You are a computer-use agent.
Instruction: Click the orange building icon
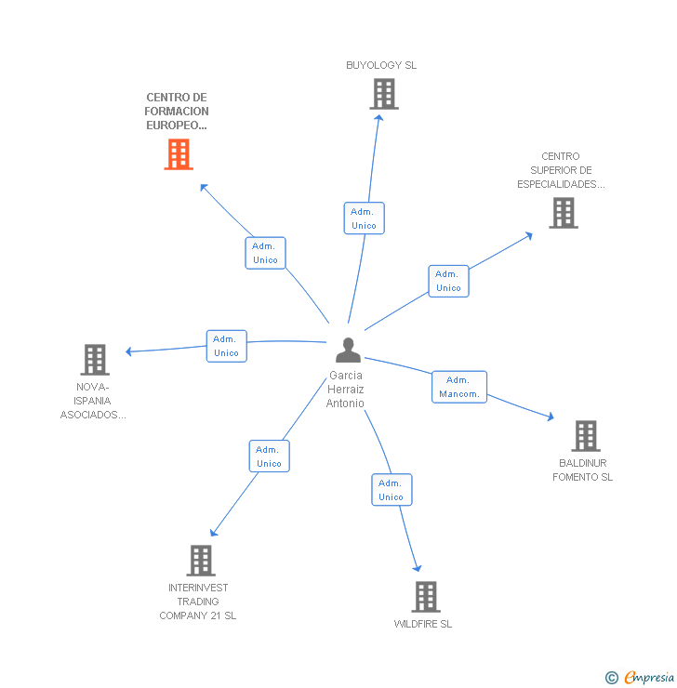[x=179, y=154]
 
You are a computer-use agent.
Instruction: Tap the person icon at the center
[x=348, y=351]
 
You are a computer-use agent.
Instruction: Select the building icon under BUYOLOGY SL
[x=383, y=94]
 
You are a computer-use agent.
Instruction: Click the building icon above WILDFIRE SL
[x=425, y=596]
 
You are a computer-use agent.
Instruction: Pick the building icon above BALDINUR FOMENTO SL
[x=585, y=435]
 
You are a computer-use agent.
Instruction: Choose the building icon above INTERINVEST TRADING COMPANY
[x=201, y=560]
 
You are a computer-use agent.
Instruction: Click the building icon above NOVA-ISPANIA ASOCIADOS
[x=94, y=359]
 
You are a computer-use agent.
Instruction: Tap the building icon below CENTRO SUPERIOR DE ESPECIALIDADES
[x=563, y=213]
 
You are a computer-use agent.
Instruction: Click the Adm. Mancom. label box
[x=459, y=387]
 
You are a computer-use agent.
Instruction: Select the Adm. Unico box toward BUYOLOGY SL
[x=364, y=218]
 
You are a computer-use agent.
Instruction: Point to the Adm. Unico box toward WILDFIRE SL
[x=391, y=490]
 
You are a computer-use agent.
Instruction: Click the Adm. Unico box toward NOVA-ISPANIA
[x=226, y=346]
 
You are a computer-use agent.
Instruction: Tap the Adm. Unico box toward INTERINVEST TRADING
[x=269, y=456]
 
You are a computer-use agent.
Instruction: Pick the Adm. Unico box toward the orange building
[x=265, y=253]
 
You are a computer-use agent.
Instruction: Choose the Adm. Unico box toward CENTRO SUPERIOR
[x=448, y=281]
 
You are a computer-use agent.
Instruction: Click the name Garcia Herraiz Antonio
[x=345, y=390]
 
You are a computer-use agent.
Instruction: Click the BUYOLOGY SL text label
[x=381, y=65]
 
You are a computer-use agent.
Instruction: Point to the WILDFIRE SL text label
[x=423, y=624]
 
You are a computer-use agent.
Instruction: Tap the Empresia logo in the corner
[x=642, y=678]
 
